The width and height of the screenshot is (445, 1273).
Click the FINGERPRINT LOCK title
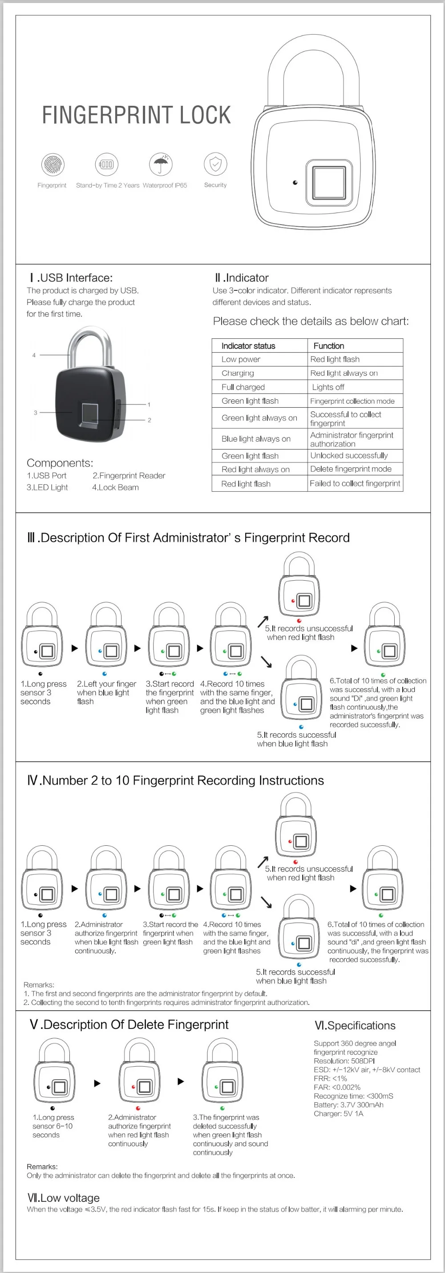[136, 115]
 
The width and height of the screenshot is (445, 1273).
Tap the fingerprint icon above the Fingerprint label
[53, 164]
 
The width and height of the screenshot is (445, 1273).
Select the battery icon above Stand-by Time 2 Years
[106, 164]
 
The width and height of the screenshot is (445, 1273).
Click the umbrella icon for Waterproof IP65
[161, 164]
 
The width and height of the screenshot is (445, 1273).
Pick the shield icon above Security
[215, 164]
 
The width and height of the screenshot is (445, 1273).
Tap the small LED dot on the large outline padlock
[295, 183]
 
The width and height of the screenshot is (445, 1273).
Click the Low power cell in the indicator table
[241, 359]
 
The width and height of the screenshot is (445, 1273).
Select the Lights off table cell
[328, 387]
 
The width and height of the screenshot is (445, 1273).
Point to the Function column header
[328, 345]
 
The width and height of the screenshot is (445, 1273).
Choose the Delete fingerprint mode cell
[351, 469]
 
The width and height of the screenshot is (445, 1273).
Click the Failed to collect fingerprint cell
[355, 483]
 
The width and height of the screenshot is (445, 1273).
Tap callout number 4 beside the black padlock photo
[34, 355]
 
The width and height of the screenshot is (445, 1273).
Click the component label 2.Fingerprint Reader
[129, 475]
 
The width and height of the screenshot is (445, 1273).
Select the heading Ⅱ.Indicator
[242, 278]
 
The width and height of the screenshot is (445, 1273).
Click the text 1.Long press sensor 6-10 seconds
[53, 1126]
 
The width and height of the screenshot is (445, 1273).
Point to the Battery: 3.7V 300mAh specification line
[348, 1104]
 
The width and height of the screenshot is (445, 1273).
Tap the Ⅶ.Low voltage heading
[63, 1197]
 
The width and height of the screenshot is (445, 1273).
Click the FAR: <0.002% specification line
[337, 1087]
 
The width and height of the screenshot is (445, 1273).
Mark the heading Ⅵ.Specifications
[355, 1025]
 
